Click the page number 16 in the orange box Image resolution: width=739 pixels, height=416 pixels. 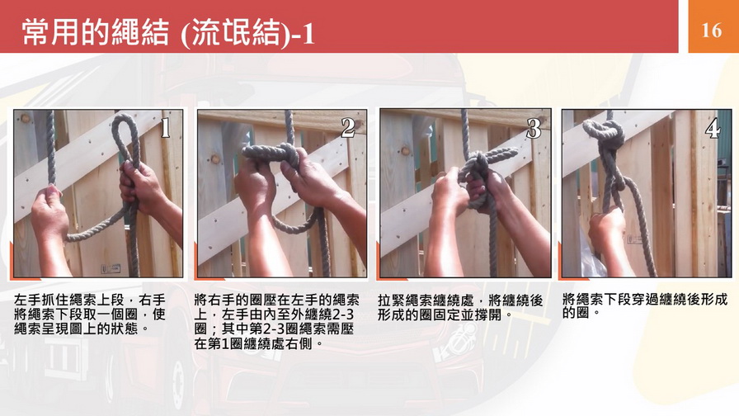pyautogui.click(x=711, y=31)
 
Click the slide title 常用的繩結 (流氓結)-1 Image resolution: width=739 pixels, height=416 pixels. pyautogui.click(x=168, y=33)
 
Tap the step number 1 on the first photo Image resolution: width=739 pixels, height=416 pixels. pyautogui.click(x=166, y=127)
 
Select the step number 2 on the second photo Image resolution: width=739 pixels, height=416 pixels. pyautogui.click(x=348, y=127)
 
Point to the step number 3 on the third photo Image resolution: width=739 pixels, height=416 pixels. pyautogui.click(x=534, y=128)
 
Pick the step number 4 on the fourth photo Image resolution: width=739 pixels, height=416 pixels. pyautogui.click(x=712, y=128)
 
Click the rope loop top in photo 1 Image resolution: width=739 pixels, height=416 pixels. pyautogui.click(x=125, y=124)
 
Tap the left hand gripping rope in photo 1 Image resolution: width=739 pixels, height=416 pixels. pyautogui.click(x=49, y=212)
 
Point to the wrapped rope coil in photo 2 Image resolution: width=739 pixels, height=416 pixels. pyautogui.click(x=271, y=154)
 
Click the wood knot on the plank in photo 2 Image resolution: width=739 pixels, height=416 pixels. pyautogui.click(x=215, y=159)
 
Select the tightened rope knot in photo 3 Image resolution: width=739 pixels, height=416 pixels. pyautogui.click(x=475, y=171)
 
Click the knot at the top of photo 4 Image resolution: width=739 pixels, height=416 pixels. pyautogui.click(x=605, y=130)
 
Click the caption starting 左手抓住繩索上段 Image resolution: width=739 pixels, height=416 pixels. pyautogui.click(x=90, y=314)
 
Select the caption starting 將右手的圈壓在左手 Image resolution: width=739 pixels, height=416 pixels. pyautogui.click(x=276, y=322)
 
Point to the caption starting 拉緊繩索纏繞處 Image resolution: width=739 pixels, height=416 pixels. pyautogui.click(x=460, y=308)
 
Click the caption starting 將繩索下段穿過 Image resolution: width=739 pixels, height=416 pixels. pyautogui.click(x=645, y=305)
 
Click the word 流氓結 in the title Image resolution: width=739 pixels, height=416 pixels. pyautogui.click(x=235, y=34)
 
